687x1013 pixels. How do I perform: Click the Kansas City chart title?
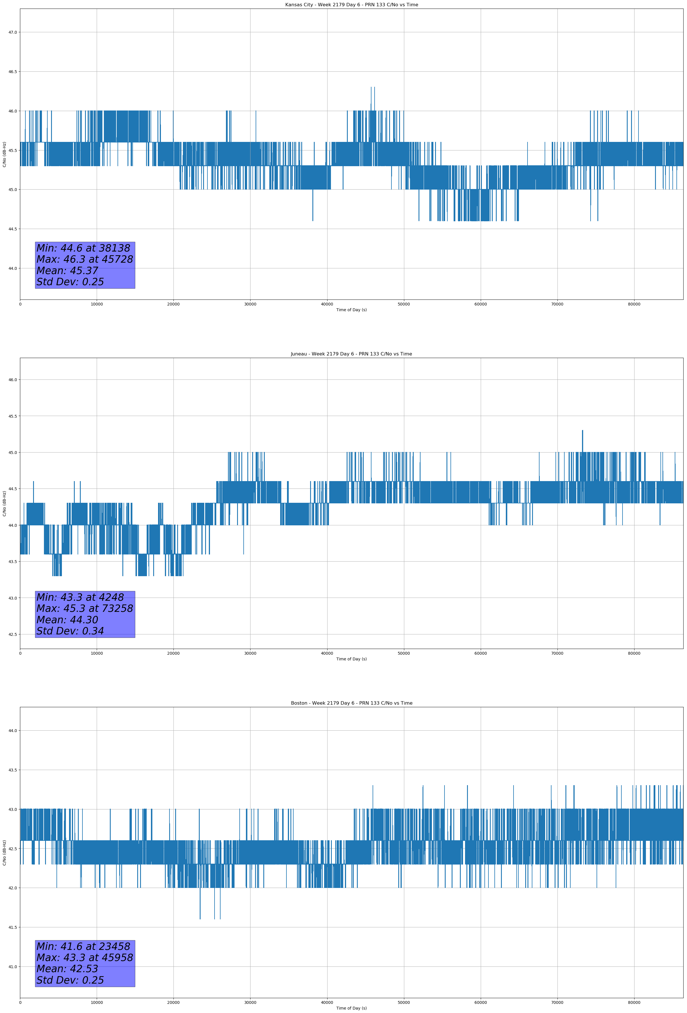click(x=351, y=5)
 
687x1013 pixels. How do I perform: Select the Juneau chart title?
click(x=351, y=354)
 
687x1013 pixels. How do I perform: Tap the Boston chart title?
click(x=351, y=703)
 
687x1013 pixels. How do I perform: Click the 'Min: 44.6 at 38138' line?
click(x=83, y=248)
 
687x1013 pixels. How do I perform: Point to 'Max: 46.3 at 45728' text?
click(x=84, y=259)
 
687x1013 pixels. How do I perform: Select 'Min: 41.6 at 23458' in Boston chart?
click(x=83, y=946)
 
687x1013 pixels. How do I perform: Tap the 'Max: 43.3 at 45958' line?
click(x=84, y=958)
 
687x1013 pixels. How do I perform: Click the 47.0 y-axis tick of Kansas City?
click(x=13, y=32)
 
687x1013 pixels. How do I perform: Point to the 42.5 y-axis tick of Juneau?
click(x=13, y=634)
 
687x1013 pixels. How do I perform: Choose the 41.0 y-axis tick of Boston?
click(x=13, y=967)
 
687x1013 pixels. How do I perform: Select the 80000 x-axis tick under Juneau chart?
click(x=634, y=653)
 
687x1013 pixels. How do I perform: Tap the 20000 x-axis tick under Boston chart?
click(x=173, y=1002)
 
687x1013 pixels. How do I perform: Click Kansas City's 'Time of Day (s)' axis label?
click(x=351, y=310)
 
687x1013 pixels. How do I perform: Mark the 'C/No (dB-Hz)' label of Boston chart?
click(x=4, y=853)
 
